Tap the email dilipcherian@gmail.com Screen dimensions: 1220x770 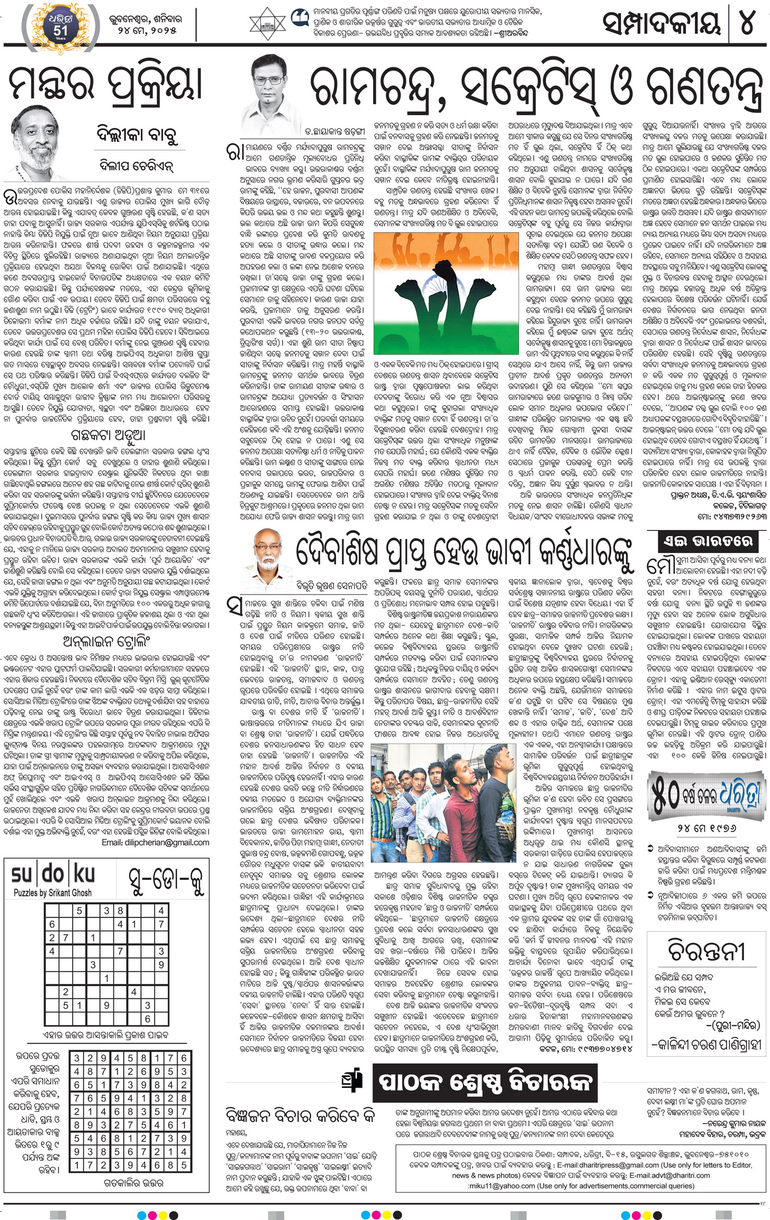click(x=155, y=842)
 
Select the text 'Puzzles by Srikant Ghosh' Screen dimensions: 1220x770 click(x=52, y=892)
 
